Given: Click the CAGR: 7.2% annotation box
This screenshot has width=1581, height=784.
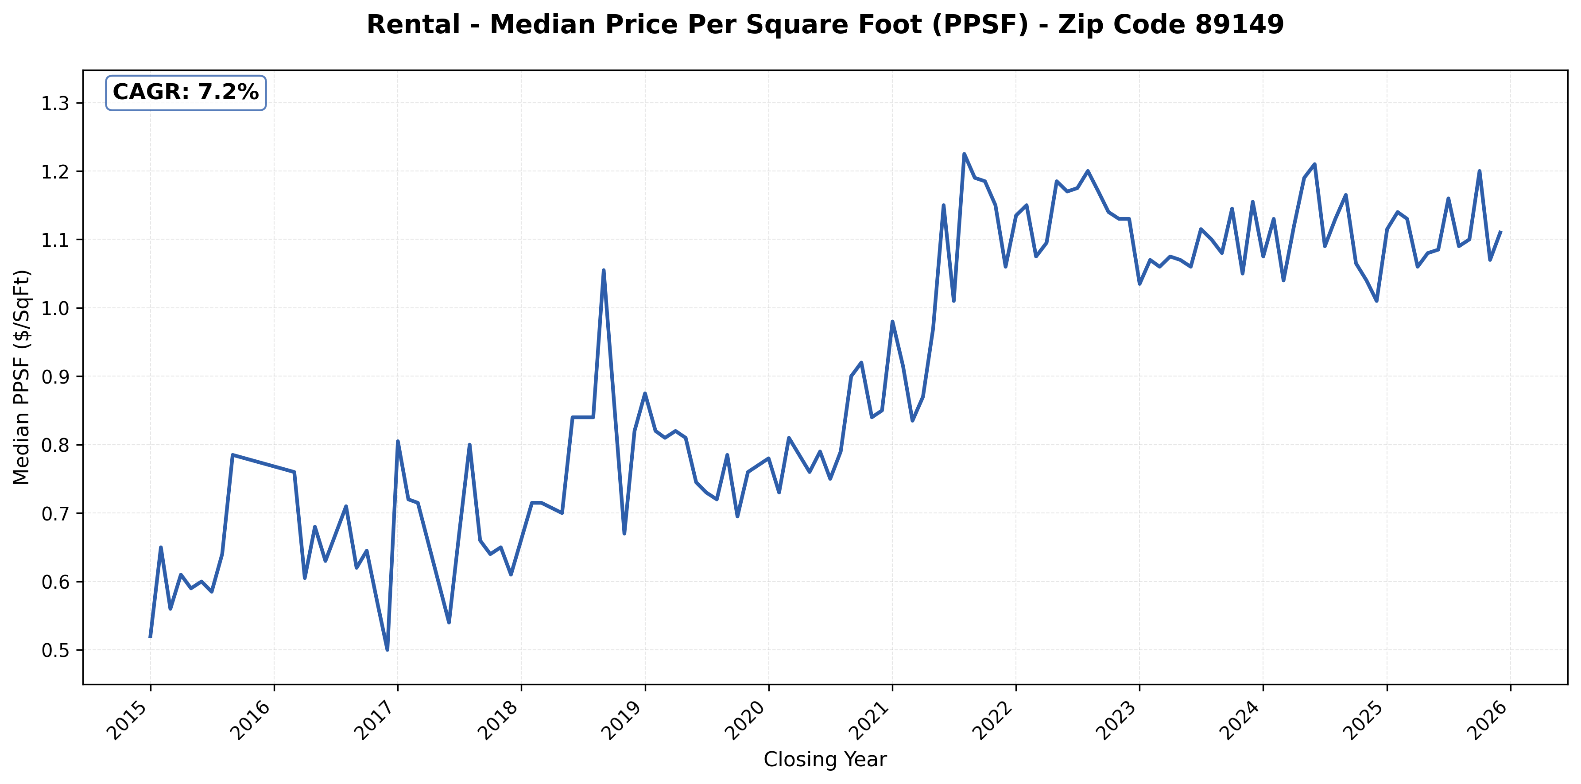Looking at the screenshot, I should (x=186, y=93).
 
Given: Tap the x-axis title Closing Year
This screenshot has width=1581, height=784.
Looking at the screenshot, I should (x=825, y=760).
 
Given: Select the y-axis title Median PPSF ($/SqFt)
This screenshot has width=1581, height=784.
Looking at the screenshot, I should (x=22, y=377).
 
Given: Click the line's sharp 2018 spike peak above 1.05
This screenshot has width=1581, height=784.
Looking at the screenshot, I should (x=603, y=270).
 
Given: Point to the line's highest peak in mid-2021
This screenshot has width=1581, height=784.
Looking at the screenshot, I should (x=964, y=154).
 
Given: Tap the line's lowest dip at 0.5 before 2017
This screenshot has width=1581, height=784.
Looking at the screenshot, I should (x=387, y=649).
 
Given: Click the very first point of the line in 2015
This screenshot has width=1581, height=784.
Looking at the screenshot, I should (x=151, y=637).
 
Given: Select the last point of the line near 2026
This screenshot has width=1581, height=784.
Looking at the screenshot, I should (x=1500, y=232).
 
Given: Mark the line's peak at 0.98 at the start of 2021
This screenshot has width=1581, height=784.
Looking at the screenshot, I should (x=892, y=321).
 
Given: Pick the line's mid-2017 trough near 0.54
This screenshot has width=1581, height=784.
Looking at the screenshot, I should (x=449, y=622).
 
